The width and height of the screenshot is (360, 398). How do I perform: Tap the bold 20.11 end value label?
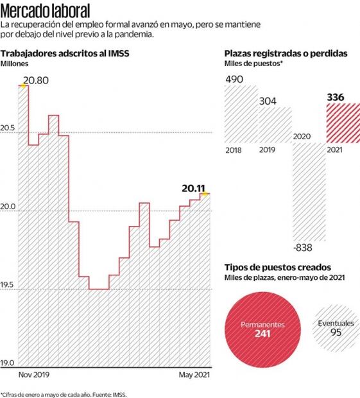tap(193, 188)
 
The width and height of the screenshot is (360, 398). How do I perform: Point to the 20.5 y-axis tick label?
tap(8, 128)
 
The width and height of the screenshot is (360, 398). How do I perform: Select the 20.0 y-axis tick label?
tap(8, 206)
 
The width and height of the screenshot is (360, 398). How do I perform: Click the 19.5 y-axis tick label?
tap(8, 284)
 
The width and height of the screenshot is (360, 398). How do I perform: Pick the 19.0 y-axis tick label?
tap(8, 363)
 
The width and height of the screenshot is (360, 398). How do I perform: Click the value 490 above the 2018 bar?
tap(234, 79)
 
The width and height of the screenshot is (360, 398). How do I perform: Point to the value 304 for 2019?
tap(268, 101)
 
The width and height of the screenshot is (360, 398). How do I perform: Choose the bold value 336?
tap(336, 98)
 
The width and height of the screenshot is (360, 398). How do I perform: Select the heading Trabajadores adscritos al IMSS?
tap(65, 54)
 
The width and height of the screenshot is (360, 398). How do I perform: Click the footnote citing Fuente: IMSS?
tap(64, 394)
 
